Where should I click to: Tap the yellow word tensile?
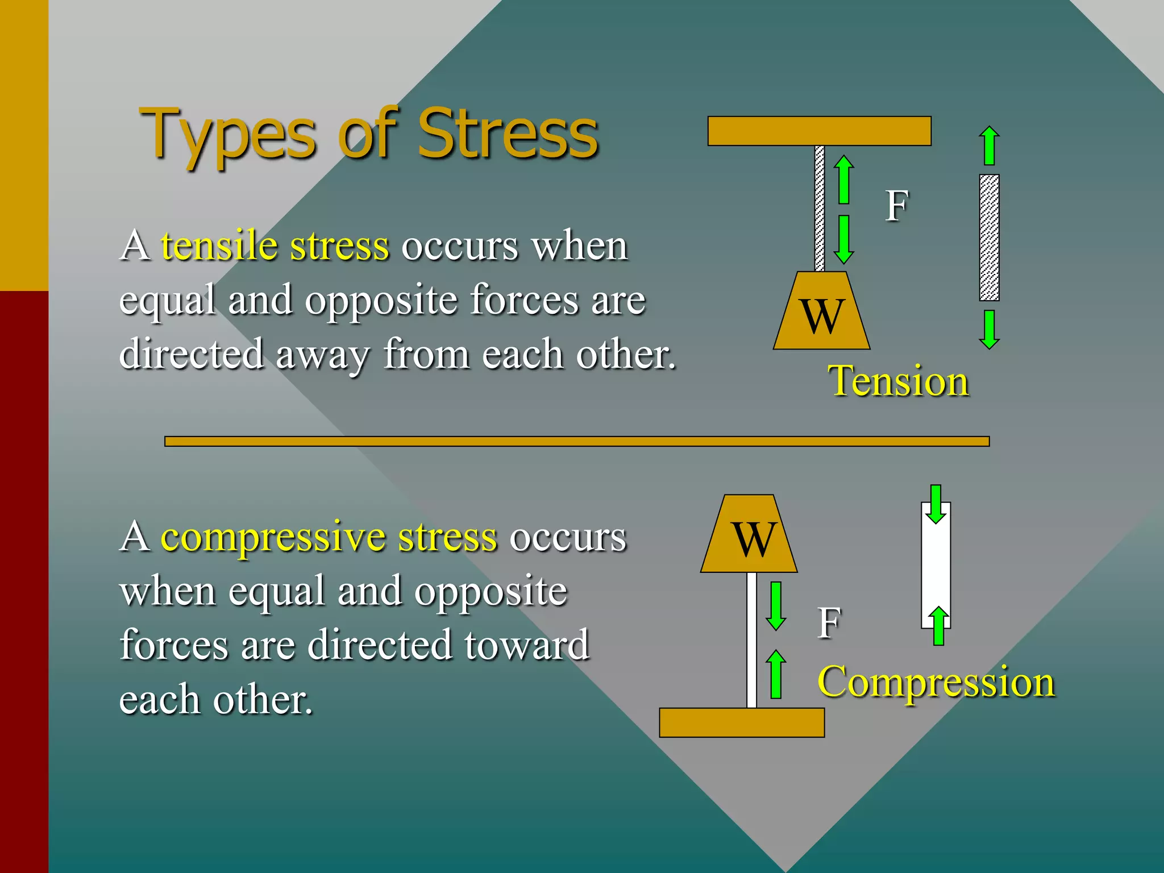pyautogui.click(x=219, y=246)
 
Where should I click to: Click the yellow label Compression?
pyautogui.click(x=936, y=681)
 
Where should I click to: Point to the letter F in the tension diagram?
pyautogui.click(x=897, y=206)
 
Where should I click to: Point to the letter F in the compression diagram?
pyautogui.click(x=829, y=623)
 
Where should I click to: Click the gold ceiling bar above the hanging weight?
pyautogui.click(x=819, y=131)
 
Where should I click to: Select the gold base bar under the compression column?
pyautogui.click(x=742, y=722)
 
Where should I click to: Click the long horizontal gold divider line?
pyautogui.click(x=576, y=442)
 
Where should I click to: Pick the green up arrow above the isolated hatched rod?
pyautogui.click(x=990, y=145)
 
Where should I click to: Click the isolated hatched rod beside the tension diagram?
pyautogui.click(x=990, y=238)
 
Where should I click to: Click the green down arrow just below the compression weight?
pyautogui.click(x=776, y=606)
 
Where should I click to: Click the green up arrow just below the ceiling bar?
pyautogui.click(x=844, y=179)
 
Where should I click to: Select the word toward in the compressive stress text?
pyautogui.click(x=526, y=645)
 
